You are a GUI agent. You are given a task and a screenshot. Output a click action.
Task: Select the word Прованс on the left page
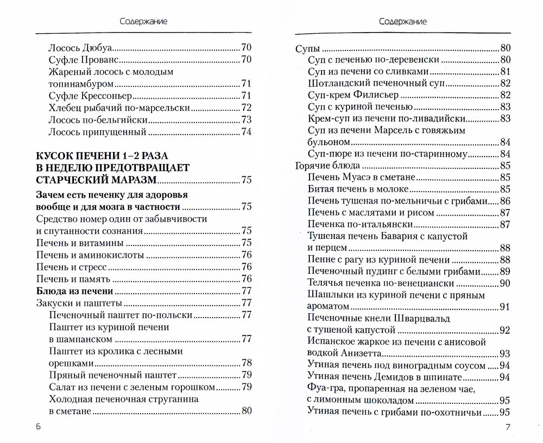(x=103, y=59)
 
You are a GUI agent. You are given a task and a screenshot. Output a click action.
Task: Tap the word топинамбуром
(x=81, y=84)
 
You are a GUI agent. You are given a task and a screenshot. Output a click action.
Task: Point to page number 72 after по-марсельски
(x=246, y=107)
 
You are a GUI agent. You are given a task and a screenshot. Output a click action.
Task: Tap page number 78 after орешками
(x=246, y=363)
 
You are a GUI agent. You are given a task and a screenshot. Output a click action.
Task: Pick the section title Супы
(x=307, y=48)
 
